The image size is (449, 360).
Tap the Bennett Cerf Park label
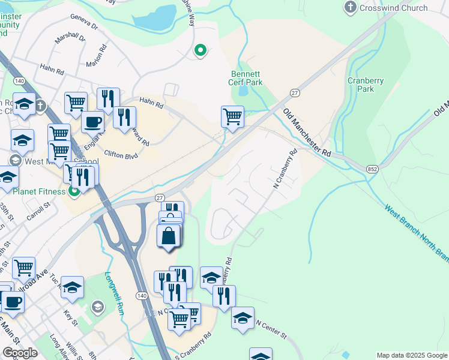247,78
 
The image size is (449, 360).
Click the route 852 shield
372,171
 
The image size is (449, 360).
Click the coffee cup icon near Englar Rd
92,122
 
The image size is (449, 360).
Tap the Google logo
20,353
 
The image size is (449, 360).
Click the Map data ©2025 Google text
412,355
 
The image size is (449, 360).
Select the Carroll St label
38,212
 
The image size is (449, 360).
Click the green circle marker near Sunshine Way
200,51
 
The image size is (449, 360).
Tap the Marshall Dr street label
71,38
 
